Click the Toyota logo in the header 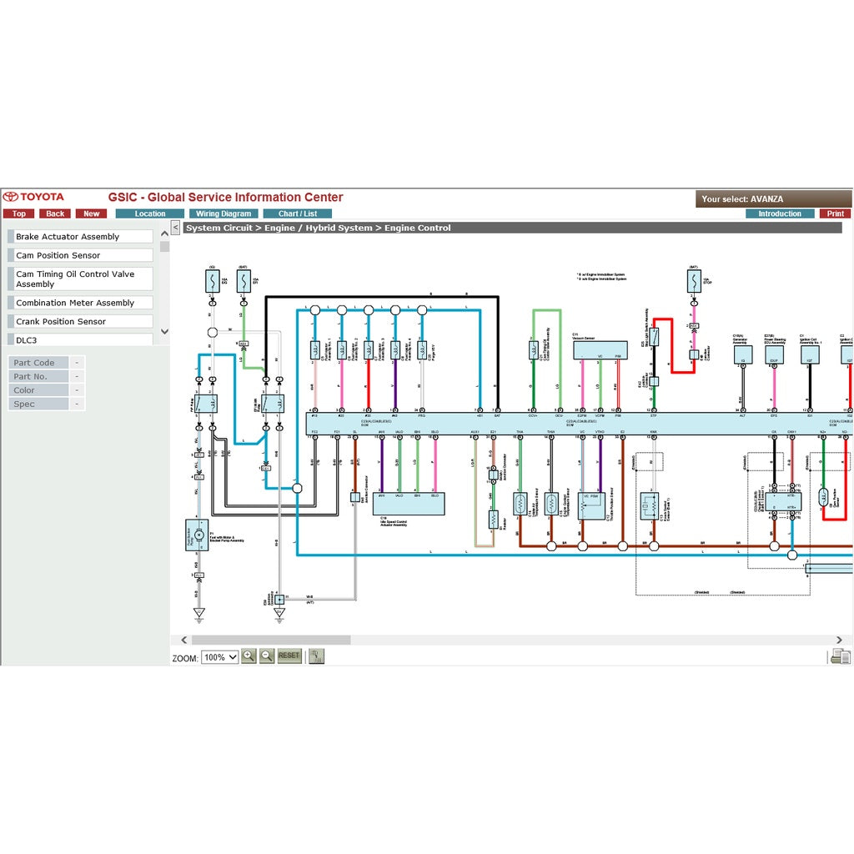pos(33,197)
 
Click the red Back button pos(55,213)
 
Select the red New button pos(91,213)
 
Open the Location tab pos(150,213)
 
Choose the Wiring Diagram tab pos(224,213)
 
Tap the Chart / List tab pos(297,213)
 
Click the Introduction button pos(780,213)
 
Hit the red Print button pos(836,213)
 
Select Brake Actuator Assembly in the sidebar pos(81,237)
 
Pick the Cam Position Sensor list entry pos(81,255)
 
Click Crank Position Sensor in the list pos(81,321)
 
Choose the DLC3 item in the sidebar pos(81,339)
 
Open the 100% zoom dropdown pos(220,657)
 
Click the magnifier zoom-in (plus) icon pos(249,656)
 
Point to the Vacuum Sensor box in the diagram pos(600,350)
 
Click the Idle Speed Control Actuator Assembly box pos(409,504)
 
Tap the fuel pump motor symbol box pos(198,535)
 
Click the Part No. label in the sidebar pos(38,376)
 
